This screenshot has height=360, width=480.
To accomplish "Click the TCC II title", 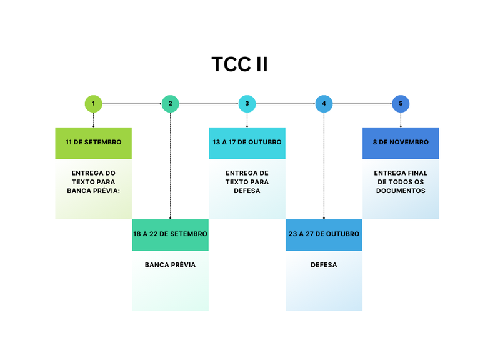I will (x=239, y=64).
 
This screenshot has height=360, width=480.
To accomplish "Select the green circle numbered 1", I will (x=93, y=104).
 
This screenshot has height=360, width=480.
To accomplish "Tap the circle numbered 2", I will (x=170, y=104).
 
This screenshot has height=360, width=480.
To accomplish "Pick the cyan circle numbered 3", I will (x=247, y=104).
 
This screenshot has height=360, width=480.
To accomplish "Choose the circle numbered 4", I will (x=324, y=104).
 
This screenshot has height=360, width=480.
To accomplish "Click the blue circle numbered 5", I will (x=401, y=104).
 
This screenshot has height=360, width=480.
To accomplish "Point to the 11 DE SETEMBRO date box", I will (x=93, y=142).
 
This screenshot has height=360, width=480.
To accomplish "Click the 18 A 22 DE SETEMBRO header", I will (x=170, y=234).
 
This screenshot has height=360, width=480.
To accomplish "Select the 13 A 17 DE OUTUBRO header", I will (x=247, y=142).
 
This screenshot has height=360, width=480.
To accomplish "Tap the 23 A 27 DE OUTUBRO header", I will (x=324, y=234).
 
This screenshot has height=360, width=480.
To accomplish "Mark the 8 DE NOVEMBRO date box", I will (x=401, y=142).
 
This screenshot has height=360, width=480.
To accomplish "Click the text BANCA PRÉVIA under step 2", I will (x=170, y=265).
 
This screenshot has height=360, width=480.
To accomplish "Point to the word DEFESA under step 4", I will (x=324, y=265).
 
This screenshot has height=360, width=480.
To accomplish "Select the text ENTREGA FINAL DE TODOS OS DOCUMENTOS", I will (x=401, y=182).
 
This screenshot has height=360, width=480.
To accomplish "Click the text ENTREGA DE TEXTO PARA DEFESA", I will (x=247, y=182).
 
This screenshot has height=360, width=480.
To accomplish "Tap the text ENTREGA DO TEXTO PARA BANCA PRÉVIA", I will (x=93, y=182).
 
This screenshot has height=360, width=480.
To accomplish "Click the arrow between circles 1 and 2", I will (x=131, y=104).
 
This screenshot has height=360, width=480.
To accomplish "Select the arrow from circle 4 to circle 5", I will (x=362, y=104).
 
